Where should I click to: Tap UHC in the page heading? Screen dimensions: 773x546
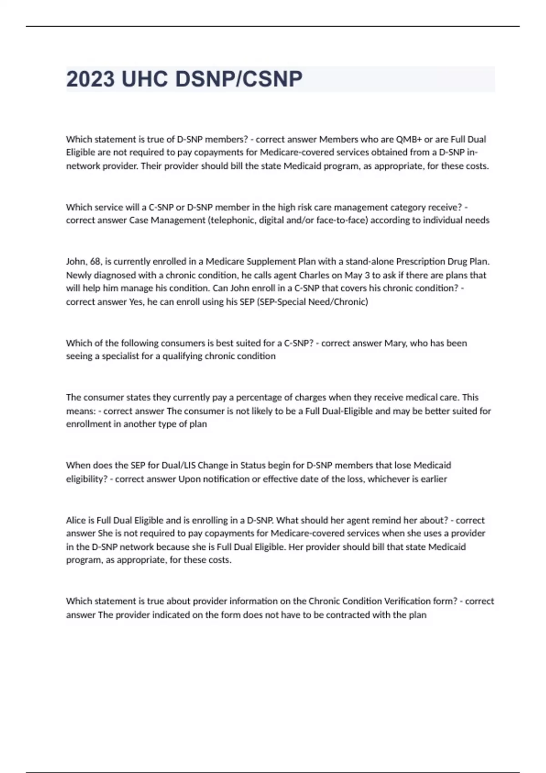point(145,79)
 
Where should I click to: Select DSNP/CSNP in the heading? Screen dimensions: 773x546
point(238,79)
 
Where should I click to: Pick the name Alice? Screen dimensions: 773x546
point(76,520)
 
